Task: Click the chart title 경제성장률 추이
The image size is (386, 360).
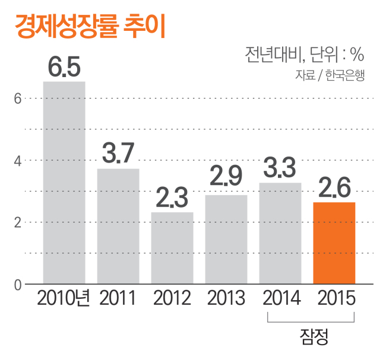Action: click(x=90, y=26)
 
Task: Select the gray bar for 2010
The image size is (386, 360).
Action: click(x=64, y=183)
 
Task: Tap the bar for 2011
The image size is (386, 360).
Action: click(x=118, y=226)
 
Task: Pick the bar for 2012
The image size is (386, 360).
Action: click(x=172, y=248)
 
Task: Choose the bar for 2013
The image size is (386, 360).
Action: click(x=226, y=239)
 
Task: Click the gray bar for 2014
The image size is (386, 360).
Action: click(x=280, y=233)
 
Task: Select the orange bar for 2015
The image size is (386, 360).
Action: click(x=334, y=243)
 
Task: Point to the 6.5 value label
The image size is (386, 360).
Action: click(x=64, y=66)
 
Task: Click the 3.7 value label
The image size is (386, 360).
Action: click(x=118, y=153)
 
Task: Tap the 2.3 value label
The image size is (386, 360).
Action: click(x=172, y=197)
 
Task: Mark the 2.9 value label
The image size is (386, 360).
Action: click(x=226, y=176)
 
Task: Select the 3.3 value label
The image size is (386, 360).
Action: click(x=280, y=167)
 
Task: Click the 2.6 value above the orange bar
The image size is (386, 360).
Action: click(x=334, y=187)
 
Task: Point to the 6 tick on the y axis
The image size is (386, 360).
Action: click(x=17, y=99)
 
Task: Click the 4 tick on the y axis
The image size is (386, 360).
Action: click(x=17, y=161)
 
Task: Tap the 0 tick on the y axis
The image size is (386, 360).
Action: click(x=18, y=285)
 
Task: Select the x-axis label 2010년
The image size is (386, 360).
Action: click(x=64, y=298)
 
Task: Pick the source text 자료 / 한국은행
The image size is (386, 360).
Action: click(x=330, y=75)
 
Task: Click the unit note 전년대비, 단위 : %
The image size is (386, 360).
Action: click(x=305, y=55)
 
